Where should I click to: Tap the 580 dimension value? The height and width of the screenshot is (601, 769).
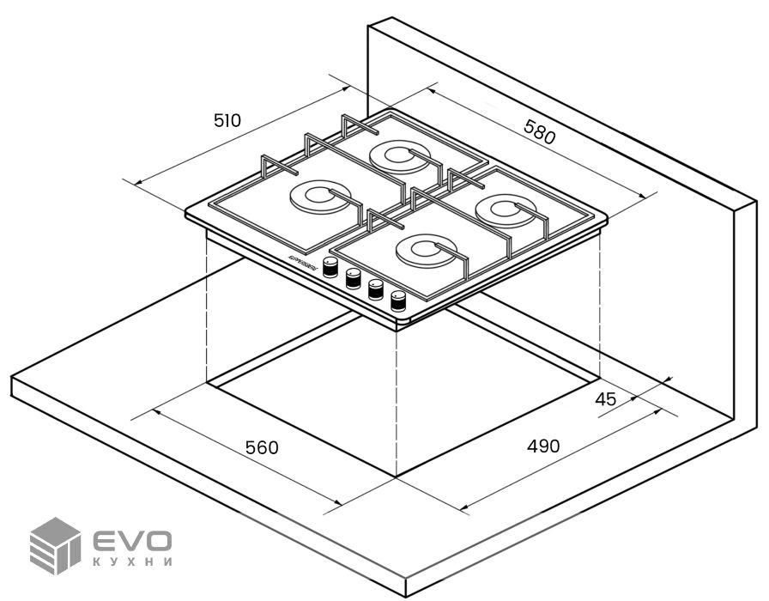pos(539,133)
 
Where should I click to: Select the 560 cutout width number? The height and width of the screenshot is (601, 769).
pos(263,447)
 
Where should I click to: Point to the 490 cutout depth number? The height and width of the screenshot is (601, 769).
pos(543,446)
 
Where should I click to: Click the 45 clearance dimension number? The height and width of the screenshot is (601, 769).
pos(605,398)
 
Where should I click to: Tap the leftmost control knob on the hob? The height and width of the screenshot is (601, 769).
pos(330,266)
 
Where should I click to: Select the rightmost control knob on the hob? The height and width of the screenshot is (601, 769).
pos(397,301)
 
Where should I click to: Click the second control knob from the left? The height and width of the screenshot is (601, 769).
pos(352,278)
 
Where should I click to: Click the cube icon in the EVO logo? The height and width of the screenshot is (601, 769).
pos(55,546)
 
